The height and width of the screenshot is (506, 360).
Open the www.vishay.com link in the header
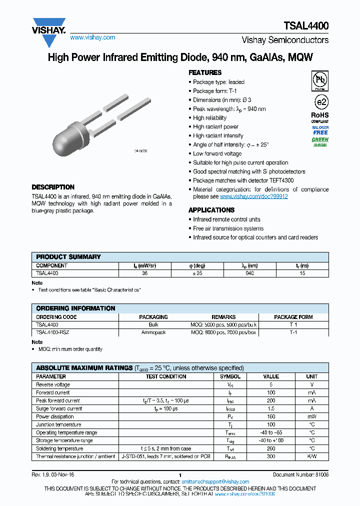(x=92, y=37)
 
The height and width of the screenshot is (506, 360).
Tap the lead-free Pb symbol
(x=320, y=80)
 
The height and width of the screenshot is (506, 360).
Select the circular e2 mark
(x=320, y=102)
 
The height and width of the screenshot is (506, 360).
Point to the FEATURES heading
(x=205, y=72)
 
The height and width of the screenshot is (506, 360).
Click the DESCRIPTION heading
(x=53, y=187)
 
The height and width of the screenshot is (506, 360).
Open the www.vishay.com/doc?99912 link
(x=253, y=196)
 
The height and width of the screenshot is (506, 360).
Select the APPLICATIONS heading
(x=211, y=210)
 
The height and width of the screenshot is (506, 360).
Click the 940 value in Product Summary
(x=249, y=273)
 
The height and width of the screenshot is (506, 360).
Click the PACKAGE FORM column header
(x=293, y=317)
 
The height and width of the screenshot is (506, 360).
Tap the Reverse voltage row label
(x=53, y=384)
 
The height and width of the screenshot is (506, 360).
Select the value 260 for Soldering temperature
(x=271, y=448)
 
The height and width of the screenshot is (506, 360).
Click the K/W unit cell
(x=311, y=456)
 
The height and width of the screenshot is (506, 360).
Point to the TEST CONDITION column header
(x=166, y=376)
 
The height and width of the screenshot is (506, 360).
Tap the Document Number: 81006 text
(x=300, y=474)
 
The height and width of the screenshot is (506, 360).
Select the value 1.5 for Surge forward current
(x=271, y=408)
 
